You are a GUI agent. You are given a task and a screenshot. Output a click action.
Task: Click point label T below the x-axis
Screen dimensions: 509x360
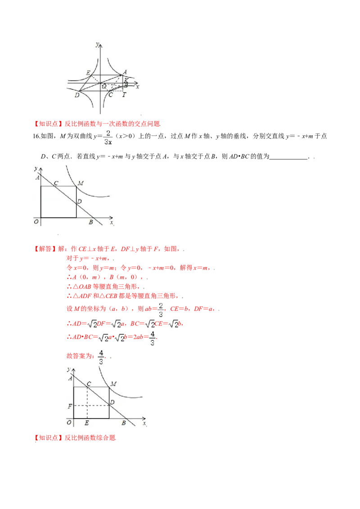coord(124,94)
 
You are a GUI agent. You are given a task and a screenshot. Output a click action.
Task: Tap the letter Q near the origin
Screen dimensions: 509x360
coord(104,86)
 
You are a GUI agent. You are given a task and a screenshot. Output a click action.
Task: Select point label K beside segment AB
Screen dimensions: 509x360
coord(126,80)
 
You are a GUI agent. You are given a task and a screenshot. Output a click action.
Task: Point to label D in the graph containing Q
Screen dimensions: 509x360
coord(77,95)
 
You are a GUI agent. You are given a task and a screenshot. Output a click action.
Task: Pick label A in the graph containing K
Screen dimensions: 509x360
coord(125,72)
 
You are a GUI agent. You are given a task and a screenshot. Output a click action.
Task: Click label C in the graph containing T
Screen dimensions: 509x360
coord(111,94)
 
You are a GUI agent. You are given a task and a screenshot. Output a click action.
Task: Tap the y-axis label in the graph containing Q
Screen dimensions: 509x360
coord(97,44)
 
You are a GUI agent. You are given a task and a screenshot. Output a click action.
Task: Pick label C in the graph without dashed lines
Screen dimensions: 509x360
coord(56,183)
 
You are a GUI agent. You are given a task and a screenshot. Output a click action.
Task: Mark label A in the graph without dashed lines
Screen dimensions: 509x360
coord(37,179)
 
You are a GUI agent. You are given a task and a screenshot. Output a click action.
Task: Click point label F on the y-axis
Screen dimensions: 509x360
coord(69,406)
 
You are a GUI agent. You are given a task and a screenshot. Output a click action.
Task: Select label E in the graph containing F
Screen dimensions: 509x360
coord(86,423)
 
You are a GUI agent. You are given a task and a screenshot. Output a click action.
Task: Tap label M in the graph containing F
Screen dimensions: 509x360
coord(113,384)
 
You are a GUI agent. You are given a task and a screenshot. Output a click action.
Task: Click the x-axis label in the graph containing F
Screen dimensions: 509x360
coord(144,423)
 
